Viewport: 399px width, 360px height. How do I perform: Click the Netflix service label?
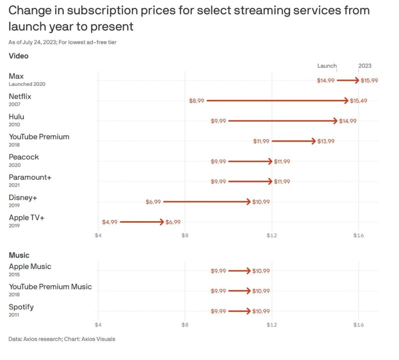point(20,96)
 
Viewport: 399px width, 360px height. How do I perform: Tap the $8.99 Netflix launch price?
point(197,101)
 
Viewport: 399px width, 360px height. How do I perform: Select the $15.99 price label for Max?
point(369,80)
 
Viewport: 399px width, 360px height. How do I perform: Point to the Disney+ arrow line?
point(206,202)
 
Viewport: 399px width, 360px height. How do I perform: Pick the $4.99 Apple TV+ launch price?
point(110,222)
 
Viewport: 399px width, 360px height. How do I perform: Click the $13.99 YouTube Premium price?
point(326,141)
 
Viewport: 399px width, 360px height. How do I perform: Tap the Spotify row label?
point(21,307)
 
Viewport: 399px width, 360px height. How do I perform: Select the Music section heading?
point(19,255)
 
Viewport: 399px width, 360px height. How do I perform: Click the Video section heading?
point(18,56)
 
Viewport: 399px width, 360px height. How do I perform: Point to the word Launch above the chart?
point(327,66)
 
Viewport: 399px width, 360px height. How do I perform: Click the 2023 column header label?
point(365,66)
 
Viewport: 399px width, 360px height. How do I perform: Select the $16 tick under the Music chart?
point(359,325)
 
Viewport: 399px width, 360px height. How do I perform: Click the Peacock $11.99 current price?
point(282,161)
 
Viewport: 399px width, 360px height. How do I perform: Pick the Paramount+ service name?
point(30,177)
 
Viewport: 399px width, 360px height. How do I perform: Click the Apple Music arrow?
point(239,271)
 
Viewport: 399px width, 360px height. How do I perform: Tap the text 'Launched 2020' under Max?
point(27,84)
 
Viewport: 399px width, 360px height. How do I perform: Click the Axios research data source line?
point(62,340)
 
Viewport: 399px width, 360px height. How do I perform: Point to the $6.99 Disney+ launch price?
point(153,202)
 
